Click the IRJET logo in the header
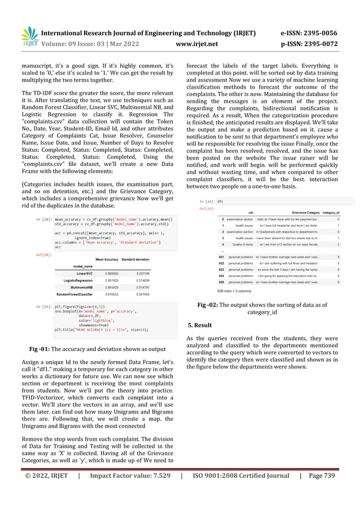coord(28,36)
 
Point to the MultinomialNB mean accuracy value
coord(112,287)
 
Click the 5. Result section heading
coord(199,326)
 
